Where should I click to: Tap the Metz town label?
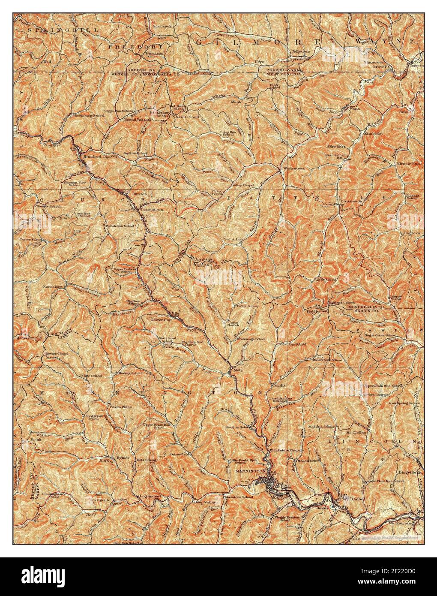pos(238,369)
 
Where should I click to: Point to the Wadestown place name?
pos(293,169)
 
